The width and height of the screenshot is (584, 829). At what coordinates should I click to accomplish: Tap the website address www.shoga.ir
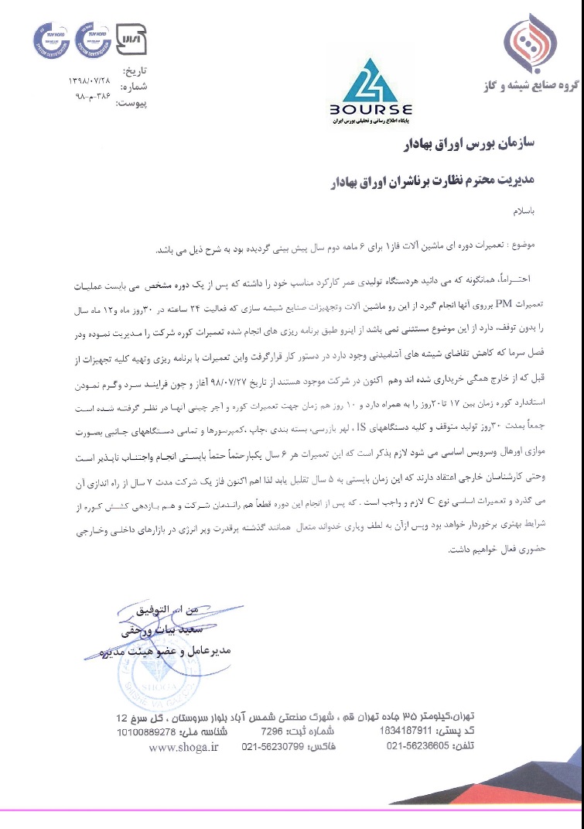pos(184,747)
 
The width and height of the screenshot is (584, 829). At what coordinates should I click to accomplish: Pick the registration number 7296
pos(271,731)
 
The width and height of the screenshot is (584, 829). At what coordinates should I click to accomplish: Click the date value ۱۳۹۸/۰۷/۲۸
pos(91,81)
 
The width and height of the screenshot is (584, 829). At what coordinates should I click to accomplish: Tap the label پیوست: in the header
pos(131,102)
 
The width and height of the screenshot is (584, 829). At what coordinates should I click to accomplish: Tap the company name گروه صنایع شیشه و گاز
pos(534,91)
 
